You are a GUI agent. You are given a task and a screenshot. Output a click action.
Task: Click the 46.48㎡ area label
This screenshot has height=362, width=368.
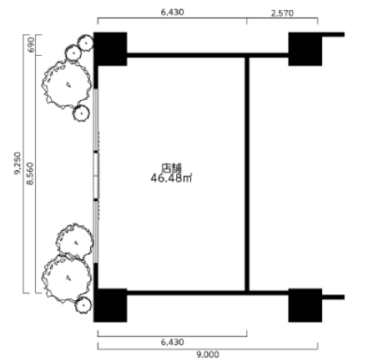coord(171,178)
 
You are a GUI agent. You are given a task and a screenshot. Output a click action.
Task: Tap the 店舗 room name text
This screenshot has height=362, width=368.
coord(171,168)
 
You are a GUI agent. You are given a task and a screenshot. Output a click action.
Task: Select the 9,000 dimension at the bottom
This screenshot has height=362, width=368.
coord(208,354)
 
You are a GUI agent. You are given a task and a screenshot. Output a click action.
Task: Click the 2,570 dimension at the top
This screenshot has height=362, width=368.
coord(282,13)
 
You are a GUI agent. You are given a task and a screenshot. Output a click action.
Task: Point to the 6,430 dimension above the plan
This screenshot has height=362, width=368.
coord(172,13)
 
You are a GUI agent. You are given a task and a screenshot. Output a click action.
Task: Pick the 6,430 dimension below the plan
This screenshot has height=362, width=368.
coord(172,342)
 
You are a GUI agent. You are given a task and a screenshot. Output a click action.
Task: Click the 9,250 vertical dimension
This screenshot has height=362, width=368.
coord(18,163)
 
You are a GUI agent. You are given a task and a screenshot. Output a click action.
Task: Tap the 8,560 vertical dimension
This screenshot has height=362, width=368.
coord(30,173)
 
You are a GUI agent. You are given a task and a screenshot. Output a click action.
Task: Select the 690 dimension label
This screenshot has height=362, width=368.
coord(31,44)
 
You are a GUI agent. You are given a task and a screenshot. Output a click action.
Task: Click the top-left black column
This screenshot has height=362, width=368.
coord(110,49)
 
